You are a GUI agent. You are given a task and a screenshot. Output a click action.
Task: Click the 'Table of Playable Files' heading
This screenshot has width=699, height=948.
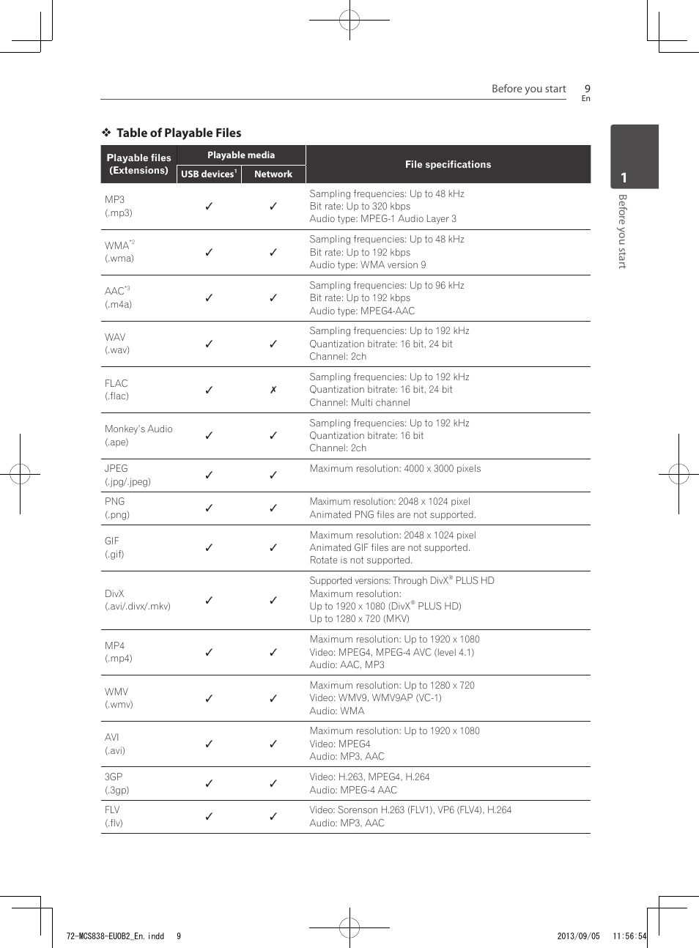178,133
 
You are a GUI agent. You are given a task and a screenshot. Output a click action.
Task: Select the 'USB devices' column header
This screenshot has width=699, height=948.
208,174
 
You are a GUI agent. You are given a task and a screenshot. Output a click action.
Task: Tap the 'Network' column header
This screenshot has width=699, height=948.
273,174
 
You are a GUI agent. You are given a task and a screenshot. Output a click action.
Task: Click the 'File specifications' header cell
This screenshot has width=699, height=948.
448,164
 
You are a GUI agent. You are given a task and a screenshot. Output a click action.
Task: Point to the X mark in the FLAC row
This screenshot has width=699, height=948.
273,390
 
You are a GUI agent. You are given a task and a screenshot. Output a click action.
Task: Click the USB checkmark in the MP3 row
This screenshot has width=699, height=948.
209,207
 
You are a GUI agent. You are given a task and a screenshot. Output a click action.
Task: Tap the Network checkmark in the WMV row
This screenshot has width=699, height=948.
273,698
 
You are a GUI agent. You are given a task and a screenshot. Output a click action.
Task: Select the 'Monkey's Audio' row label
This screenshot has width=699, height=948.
138,429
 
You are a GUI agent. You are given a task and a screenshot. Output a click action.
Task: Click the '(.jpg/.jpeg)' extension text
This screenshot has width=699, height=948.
127,481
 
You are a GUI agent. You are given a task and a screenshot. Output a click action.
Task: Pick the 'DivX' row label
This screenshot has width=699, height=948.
114,593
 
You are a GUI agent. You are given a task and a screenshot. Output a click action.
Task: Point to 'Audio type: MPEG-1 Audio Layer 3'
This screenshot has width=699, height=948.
382,219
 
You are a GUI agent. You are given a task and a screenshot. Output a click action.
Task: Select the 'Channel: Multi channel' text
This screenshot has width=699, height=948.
360,402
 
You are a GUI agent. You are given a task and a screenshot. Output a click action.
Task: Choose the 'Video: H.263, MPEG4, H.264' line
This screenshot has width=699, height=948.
369,777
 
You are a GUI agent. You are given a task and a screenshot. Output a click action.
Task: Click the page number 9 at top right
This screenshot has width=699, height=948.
587,89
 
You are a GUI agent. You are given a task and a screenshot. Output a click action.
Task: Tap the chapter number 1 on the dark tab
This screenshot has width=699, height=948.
624,178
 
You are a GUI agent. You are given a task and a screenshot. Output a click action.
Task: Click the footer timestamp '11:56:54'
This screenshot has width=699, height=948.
629,936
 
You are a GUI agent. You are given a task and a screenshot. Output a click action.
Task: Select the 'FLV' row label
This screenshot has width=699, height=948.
112,810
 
